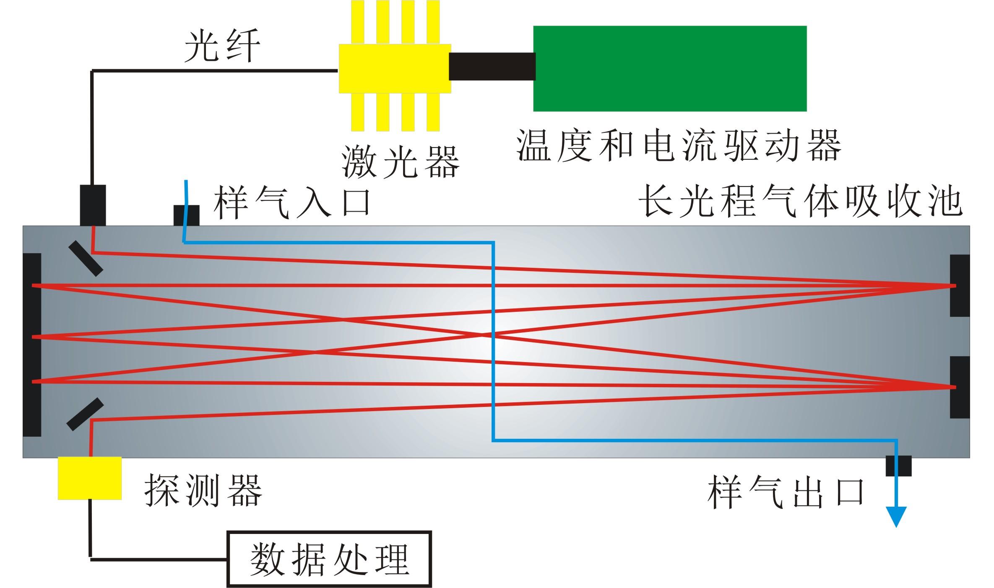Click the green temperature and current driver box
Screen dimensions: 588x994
point(669,68)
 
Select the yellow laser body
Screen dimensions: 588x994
point(395,68)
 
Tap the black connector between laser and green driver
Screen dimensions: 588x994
point(492,66)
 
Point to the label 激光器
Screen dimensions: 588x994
point(400,161)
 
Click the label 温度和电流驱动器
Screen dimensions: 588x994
point(678,145)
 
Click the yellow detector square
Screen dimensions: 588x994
point(89,478)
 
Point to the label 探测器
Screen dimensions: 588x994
point(203,490)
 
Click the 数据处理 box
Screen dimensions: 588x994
point(329,559)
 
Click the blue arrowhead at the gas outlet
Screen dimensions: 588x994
point(896,516)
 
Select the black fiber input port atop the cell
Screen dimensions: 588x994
point(93,205)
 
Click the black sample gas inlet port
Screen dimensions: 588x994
point(187,215)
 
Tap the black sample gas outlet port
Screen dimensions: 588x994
point(898,466)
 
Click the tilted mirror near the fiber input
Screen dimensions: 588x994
point(86,258)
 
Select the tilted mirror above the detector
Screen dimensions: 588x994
point(85,414)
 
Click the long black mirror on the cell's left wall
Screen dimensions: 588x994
point(32,345)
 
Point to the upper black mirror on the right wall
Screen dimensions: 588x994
point(960,285)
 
